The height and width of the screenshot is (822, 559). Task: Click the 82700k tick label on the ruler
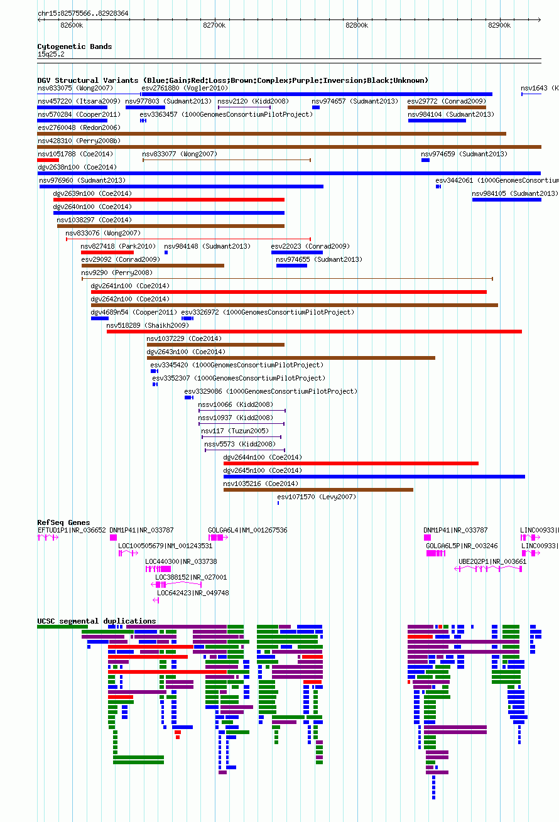[x=214, y=25]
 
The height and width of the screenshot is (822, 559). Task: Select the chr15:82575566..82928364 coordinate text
[x=83, y=14]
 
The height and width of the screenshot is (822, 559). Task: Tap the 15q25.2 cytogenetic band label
[x=51, y=54]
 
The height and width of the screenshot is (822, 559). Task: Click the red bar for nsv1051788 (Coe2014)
[x=48, y=160]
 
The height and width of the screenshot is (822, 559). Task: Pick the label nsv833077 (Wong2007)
[x=180, y=154]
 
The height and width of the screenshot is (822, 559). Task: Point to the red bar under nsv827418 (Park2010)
[x=107, y=252]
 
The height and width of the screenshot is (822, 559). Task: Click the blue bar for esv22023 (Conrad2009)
[x=297, y=252]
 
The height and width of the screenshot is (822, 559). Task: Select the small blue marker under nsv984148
[x=166, y=252]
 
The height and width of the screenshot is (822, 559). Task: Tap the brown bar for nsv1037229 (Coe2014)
[x=215, y=345]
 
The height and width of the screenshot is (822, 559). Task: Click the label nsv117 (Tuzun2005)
[x=235, y=431]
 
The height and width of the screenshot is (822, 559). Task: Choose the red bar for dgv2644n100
[x=351, y=463]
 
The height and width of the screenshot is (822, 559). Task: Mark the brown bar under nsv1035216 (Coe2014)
[x=318, y=490]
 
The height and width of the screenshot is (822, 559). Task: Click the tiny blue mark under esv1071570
[x=278, y=503]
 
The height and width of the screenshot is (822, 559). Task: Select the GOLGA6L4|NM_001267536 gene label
[x=247, y=530]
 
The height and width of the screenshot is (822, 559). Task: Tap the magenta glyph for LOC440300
[x=158, y=569]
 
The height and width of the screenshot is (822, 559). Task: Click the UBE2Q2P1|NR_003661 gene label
[x=492, y=561]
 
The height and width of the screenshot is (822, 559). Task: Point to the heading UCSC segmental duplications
[x=97, y=621]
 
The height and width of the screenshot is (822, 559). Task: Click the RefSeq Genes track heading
[x=63, y=522]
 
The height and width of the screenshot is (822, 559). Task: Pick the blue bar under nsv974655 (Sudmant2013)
[x=291, y=266]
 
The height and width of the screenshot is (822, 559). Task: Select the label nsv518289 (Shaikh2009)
[x=148, y=325]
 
